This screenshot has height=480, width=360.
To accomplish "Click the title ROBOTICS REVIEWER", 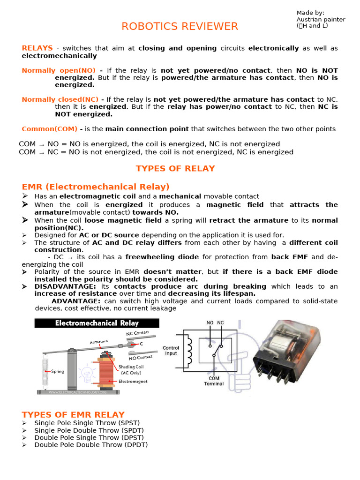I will [180, 27].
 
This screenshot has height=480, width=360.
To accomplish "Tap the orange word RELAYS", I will [37, 48].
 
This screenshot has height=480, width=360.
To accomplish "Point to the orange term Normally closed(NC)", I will [60, 99].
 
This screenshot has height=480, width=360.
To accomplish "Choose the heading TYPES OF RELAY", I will [175, 168].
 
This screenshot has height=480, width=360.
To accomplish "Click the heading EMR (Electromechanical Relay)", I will [96, 187].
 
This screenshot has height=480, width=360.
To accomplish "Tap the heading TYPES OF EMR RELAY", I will [73, 414].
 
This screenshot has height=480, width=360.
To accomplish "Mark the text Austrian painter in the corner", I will [321, 19].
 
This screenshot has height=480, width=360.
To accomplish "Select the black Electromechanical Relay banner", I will [97, 323].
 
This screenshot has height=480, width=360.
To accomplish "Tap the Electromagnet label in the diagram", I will [133, 382].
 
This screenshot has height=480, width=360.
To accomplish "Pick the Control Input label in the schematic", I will [171, 351].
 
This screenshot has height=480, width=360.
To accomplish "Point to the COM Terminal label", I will [213, 381].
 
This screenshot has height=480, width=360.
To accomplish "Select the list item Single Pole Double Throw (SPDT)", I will [89, 430].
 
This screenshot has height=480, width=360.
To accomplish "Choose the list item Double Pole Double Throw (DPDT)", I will [91, 444].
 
